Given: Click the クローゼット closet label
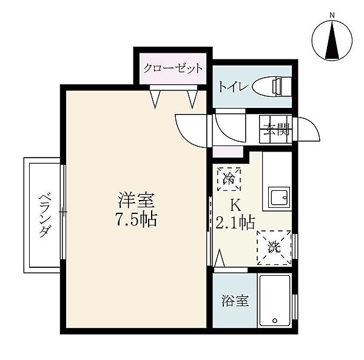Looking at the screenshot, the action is (x=173, y=68).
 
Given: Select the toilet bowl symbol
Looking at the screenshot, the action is (x=269, y=87).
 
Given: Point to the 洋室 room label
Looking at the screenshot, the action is (x=136, y=200).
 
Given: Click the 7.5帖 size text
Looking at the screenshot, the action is (x=136, y=219).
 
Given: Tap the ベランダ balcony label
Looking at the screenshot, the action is (x=44, y=216).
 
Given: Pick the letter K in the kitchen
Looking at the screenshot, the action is (x=235, y=205).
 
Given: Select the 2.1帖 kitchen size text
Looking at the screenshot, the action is (x=235, y=222).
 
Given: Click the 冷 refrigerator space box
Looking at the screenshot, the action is (x=229, y=179).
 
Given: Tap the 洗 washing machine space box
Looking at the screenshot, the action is (x=274, y=247).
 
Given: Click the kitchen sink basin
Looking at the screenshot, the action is (x=279, y=197).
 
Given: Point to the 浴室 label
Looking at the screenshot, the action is (x=235, y=301).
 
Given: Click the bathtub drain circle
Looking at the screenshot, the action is (x=275, y=321).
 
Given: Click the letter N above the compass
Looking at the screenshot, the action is (x=332, y=15).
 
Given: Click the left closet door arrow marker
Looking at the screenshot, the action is (x=155, y=99).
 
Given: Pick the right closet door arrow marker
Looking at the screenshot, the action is (x=192, y=99).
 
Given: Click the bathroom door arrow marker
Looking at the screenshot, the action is (x=220, y=258).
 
